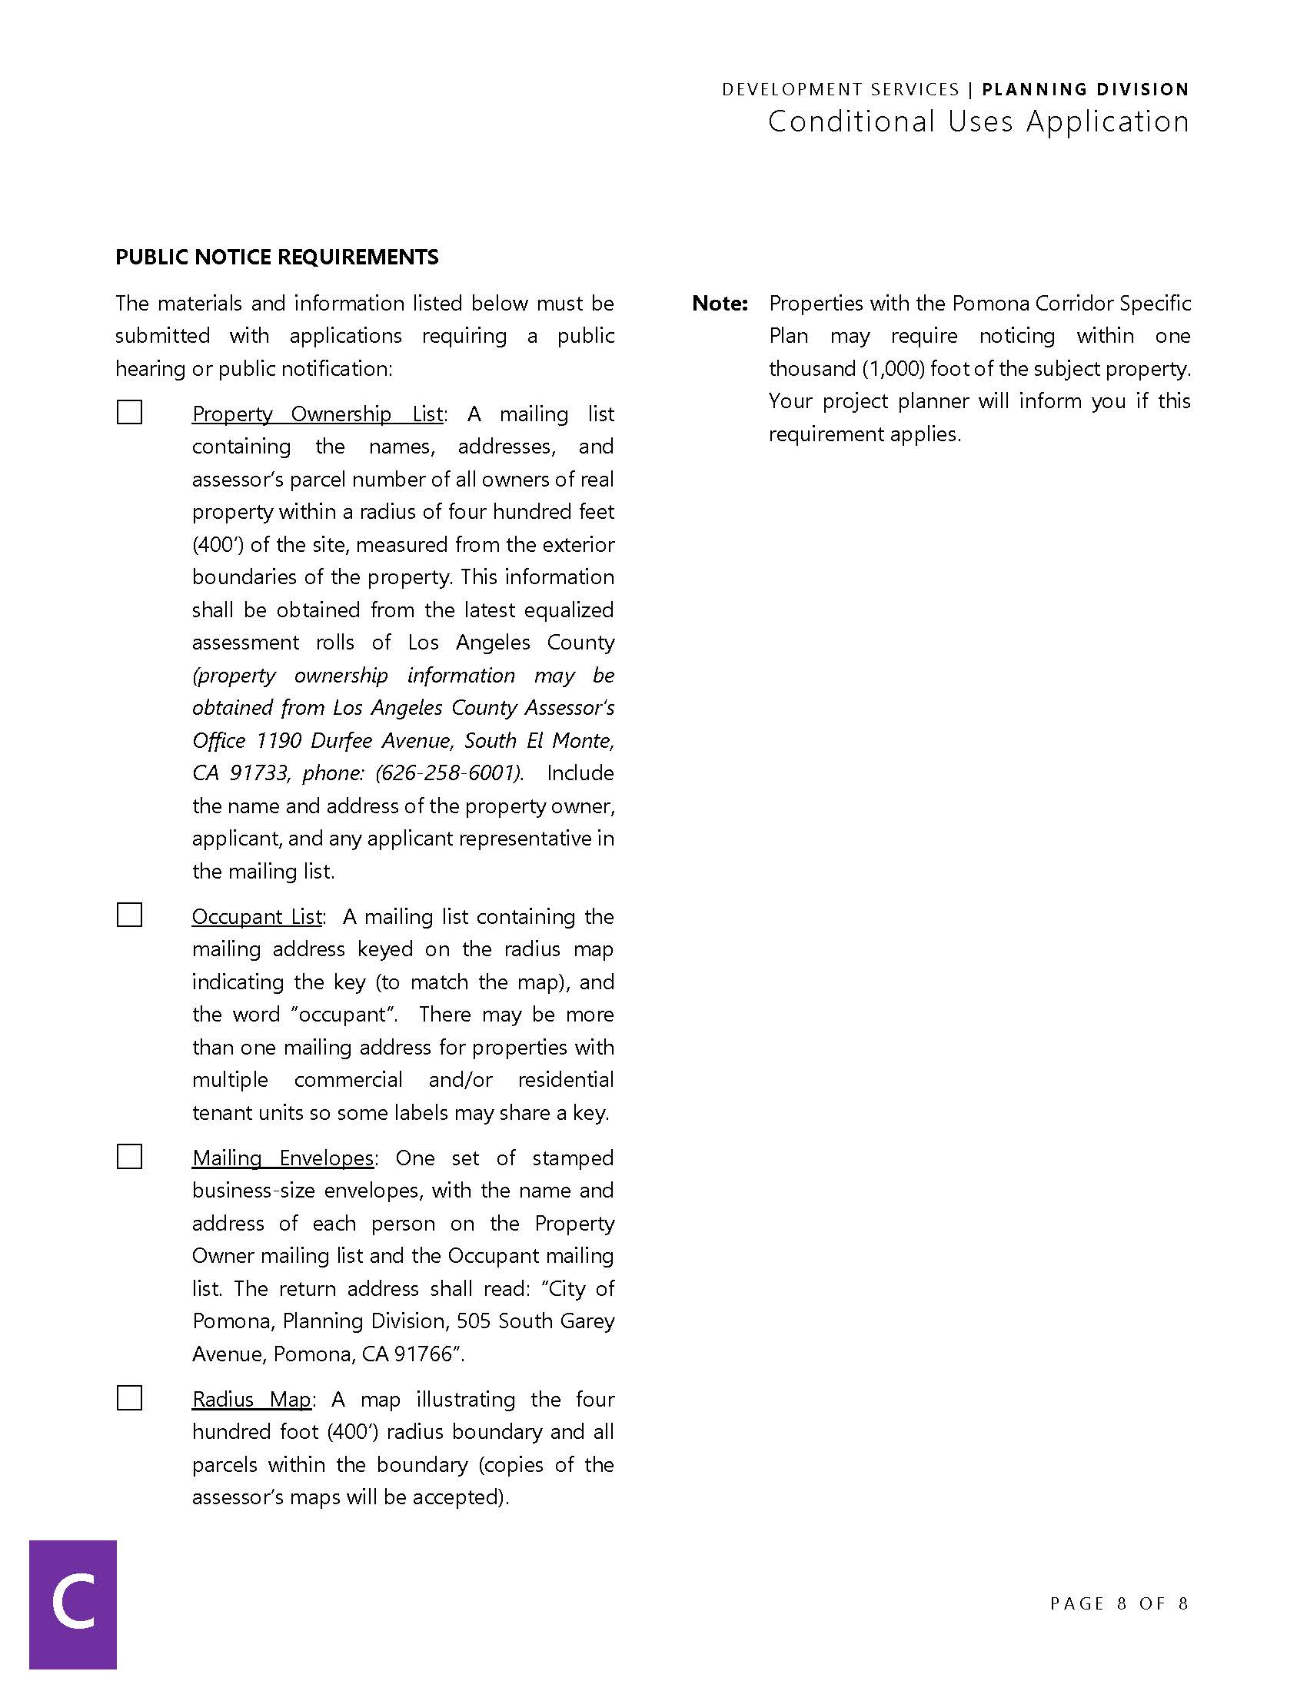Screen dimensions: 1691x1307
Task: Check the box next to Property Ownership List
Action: (x=129, y=412)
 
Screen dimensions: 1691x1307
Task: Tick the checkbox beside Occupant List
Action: (x=129, y=915)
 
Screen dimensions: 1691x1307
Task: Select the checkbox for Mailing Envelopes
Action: (x=129, y=1156)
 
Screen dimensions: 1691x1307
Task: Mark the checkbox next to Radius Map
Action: (x=129, y=1397)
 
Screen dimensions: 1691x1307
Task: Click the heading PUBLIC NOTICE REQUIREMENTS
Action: (x=277, y=257)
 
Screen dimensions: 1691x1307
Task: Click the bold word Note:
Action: (x=720, y=304)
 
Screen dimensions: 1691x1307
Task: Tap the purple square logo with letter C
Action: (x=73, y=1603)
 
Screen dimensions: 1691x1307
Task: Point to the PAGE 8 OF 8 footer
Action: (x=1118, y=1603)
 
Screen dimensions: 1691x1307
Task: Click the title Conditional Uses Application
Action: (x=978, y=121)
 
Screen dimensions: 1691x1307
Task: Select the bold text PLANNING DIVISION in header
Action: (x=1085, y=89)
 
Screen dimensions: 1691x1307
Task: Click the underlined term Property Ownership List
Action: (x=318, y=414)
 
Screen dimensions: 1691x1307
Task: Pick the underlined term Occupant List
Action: (x=256, y=916)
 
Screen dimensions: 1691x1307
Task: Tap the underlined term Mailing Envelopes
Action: (x=283, y=1158)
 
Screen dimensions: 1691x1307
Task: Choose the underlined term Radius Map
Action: (x=251, y=1399)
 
